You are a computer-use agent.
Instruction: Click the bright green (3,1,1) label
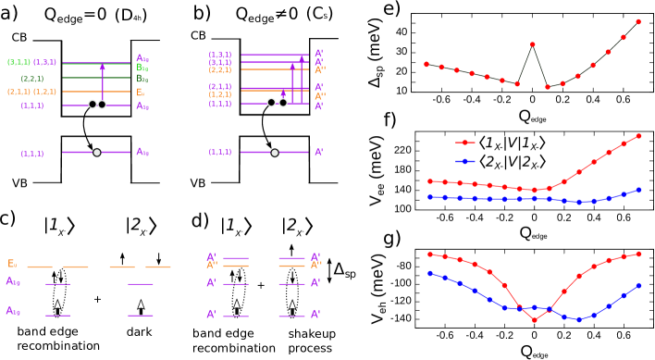[19, 62]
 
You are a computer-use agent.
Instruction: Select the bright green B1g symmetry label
[142, 68]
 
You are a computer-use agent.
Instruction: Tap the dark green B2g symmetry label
[142, 79]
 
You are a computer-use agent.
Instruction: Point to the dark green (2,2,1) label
[32, 79]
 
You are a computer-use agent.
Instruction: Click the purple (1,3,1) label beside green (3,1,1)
[44, 62]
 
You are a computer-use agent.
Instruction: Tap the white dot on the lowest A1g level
[97, 153]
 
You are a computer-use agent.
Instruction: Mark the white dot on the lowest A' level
[275, 153]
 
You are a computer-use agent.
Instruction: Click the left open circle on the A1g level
[93, 105]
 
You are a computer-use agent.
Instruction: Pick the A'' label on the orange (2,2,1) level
[319, 70]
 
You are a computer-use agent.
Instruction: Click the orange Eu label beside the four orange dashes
[12, 264]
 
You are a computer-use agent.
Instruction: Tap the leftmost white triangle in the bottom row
[57, 304]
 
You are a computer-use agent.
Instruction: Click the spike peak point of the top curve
[533, 44]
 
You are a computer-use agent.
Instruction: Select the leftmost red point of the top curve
[426, 65]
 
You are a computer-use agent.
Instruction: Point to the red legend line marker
[464, 143]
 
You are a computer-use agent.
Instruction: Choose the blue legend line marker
[464, 161]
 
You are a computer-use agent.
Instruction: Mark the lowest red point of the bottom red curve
[535, 320]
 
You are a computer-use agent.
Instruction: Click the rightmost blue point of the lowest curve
[638, 286]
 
